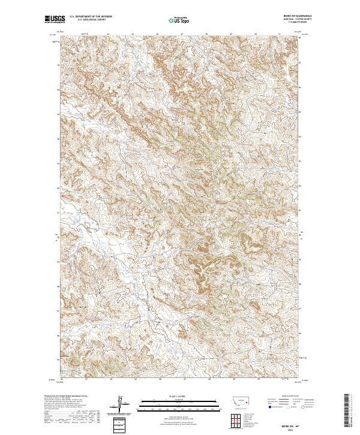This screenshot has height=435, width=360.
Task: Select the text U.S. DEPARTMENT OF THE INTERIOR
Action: point(90,17)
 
